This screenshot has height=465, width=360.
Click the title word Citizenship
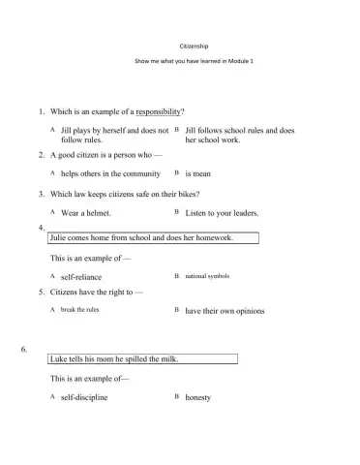pos(180,45)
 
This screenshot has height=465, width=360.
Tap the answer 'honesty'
pos(198,397)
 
